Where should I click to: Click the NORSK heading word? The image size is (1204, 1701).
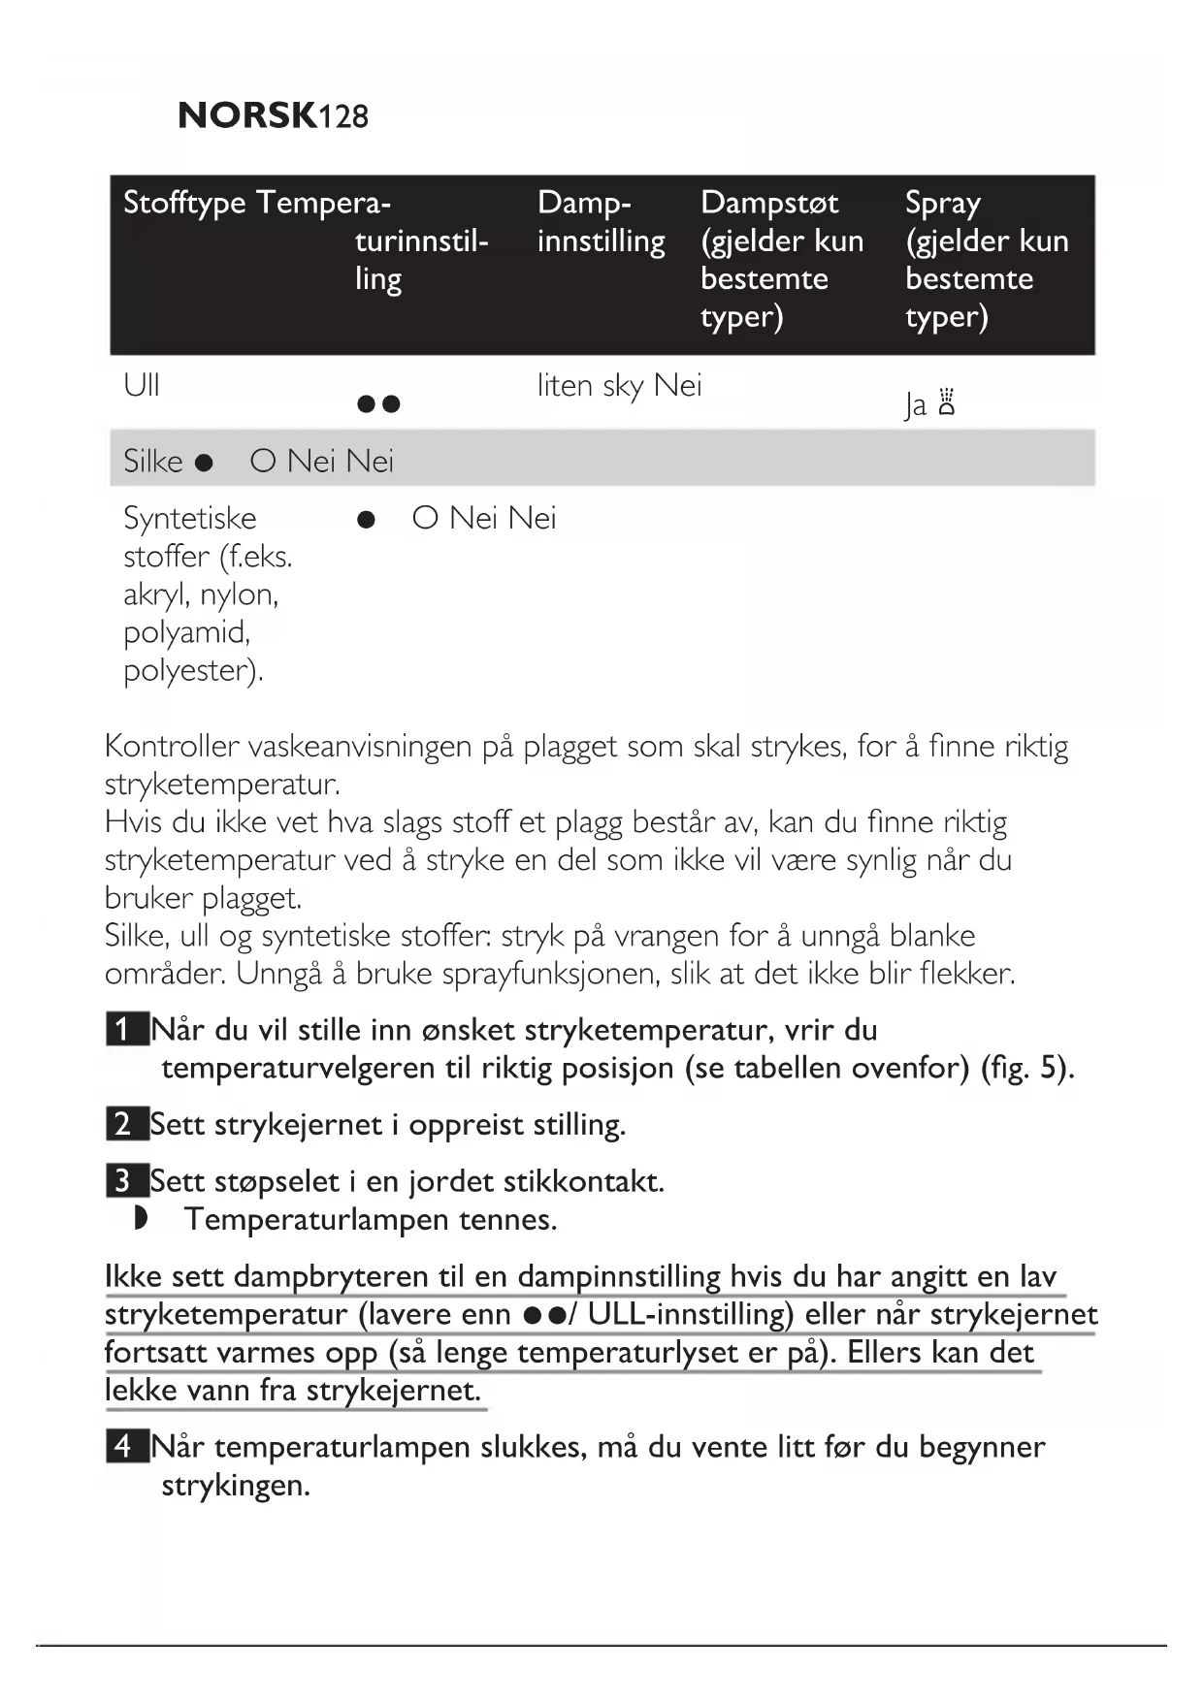coord(247,115)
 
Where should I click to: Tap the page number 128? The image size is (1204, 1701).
coord(343,117)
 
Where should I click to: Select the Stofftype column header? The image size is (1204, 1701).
coord(184,204)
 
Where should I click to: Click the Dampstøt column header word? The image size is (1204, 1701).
coord(769,203)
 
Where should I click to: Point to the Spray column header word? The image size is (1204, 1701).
coord(942,204)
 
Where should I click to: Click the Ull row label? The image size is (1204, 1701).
coord(142,386)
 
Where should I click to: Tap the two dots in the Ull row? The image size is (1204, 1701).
coord(378,403)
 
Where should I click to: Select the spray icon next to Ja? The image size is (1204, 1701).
coord(947,401)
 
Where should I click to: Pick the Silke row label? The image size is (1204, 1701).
coord(152,461)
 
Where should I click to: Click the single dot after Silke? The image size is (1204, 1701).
coord(204,463)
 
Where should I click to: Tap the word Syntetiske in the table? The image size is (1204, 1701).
coord(190,519)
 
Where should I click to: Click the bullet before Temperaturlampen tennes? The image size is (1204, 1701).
coord(141,1219)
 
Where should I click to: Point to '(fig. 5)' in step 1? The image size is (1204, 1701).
coord(1026,1068)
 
